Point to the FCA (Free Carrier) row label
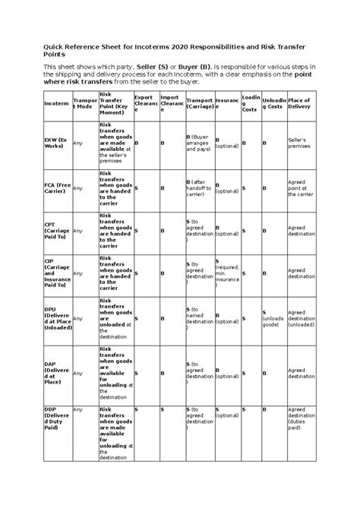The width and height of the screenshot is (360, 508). tap(57, 187)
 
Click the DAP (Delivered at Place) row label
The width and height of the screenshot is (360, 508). tap(56, 372)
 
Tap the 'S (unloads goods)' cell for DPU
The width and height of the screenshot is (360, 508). tap(273, 317)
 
